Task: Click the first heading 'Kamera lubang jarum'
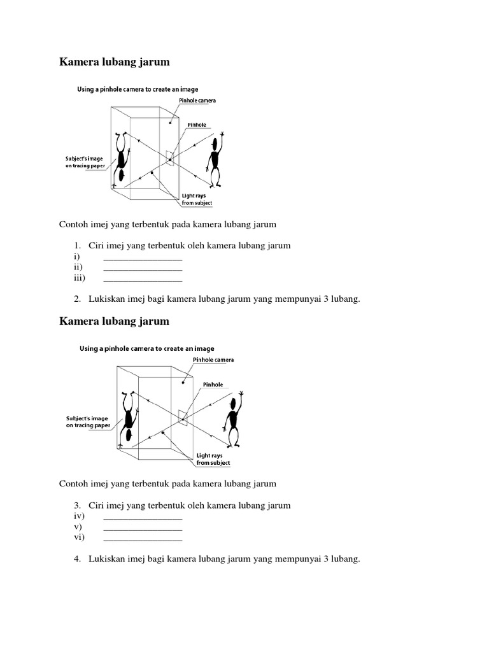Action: tap(115, 62)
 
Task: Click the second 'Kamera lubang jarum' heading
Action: tap(115, 322)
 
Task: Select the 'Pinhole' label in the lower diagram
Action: tap(213, 385)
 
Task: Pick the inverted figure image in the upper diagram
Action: tap(121, 159)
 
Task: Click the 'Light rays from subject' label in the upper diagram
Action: tap(197, 199)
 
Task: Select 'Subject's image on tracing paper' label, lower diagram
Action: tap(88, 422)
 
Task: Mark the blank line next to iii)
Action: tap(143, 279)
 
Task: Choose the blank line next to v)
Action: tap(143, 528)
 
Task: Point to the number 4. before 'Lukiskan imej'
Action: tap(76, 559)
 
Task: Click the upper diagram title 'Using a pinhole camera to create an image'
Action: tap(138, 90)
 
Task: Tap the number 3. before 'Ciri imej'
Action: tap(76, 506)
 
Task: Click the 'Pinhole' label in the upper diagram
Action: tap(197, 126)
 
